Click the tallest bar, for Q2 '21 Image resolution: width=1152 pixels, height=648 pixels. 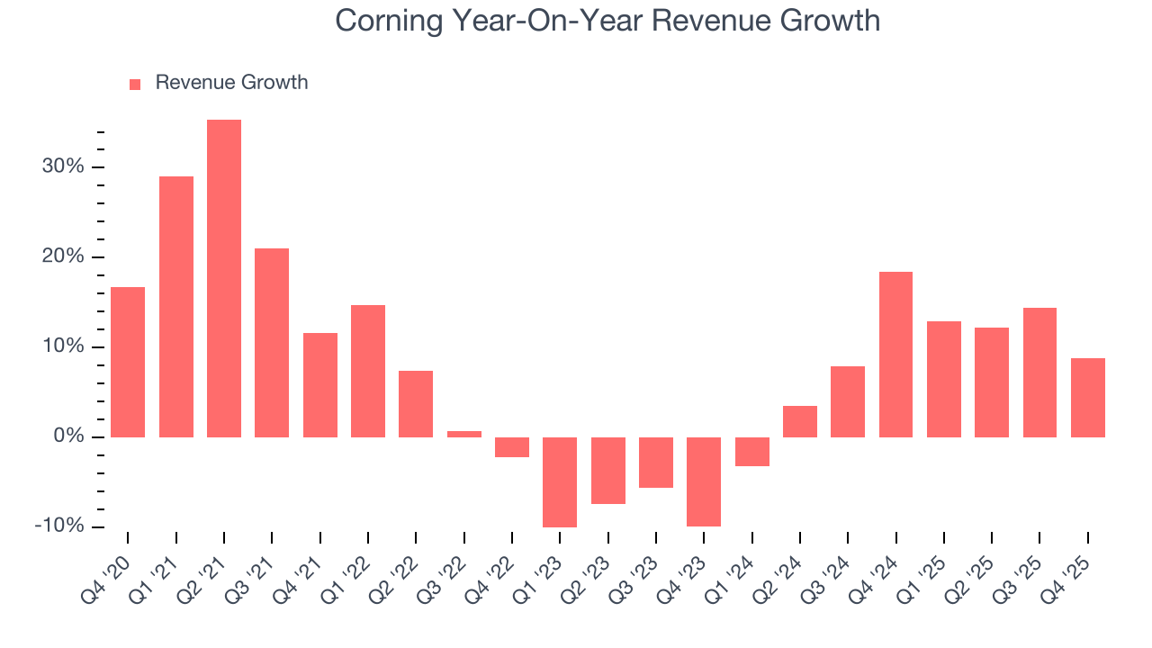[224, 278]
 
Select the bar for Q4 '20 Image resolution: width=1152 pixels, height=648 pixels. [128, 362]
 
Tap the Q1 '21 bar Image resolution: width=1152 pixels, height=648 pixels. [176, 306]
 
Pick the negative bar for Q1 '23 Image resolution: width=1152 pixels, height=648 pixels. [560, 481]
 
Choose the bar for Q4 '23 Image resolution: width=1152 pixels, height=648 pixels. [704, 481]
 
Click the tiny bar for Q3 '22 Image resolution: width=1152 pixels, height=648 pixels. [464, 434]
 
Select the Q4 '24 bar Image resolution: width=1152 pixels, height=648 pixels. [895, 354]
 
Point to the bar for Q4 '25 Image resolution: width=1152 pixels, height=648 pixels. [1087, 397]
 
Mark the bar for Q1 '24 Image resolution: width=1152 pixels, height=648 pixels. [751, 452]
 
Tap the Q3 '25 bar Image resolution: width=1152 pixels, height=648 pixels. [1039, 372]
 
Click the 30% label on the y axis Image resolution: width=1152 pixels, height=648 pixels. [62, 167]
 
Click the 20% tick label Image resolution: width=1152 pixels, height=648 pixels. [62, 257]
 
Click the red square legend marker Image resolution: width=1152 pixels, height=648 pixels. [135, 84]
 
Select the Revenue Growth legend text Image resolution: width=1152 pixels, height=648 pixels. [231, 83]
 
